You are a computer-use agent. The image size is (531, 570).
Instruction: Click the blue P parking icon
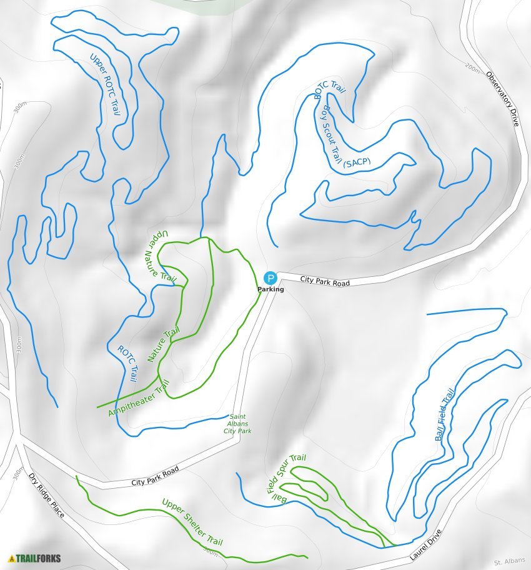pyautogui.click(x=270, y=278)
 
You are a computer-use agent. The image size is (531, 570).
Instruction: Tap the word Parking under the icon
pyautogui.click(x=270, y=289)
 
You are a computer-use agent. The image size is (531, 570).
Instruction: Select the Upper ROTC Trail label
pyautogui.click(x=105, y=85)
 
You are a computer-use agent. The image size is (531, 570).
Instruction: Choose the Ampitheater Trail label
pyautogui.click(x=139, y=401)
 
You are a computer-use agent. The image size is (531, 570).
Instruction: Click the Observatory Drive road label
pyautogui.click(x=503, y=99)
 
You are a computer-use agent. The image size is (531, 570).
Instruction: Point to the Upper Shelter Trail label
pyautogui.click(x=192, y=522)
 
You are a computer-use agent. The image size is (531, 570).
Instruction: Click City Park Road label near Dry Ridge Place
pyautogui.click(x=155, y=476)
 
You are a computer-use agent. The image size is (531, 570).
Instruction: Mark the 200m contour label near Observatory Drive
pyautogui.click(x=473, y=66)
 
